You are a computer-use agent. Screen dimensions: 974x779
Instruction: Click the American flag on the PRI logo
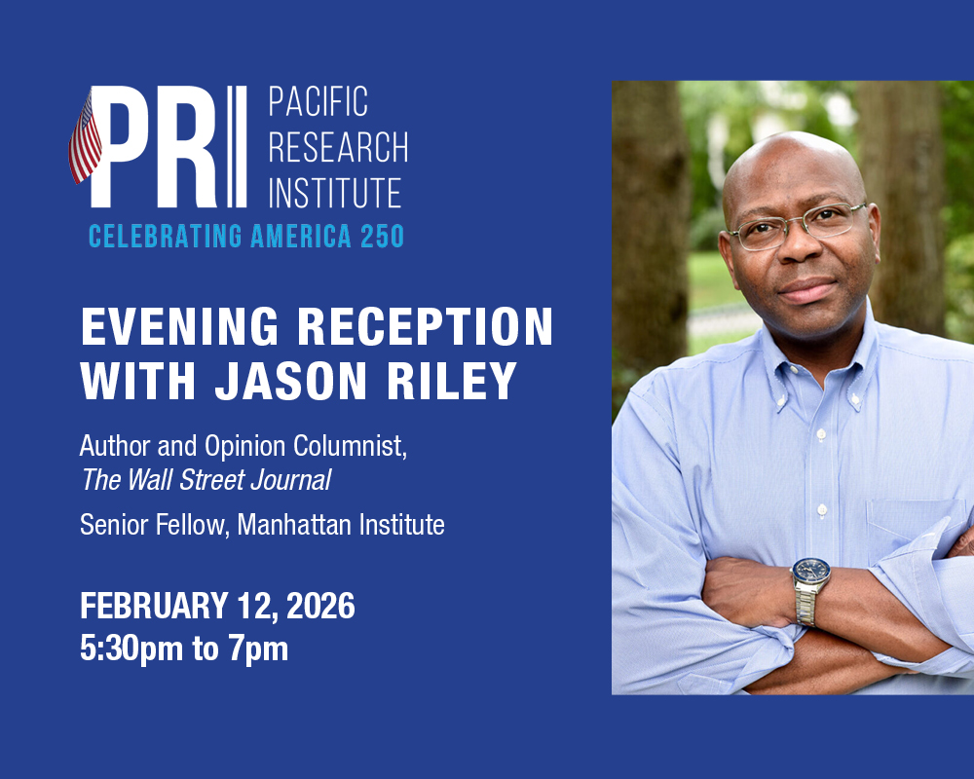pyautogui.click(x=85, y=138)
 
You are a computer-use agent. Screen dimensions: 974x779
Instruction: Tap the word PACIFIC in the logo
pyautogui.click(x=318, y=101)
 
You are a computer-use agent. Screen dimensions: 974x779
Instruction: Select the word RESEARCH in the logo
pyautogui.click(x=339, y=147)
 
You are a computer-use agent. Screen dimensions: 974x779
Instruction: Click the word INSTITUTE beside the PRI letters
pyautogui.click(x=335, y=193)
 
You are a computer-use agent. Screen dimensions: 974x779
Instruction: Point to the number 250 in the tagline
pyautogui.click(x=382, y=236)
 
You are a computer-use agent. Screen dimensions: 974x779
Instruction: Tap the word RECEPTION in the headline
pyautogui.click(x=425, y=326)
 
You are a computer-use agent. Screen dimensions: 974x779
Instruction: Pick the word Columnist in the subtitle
pyautogui.click(x=350, y=446)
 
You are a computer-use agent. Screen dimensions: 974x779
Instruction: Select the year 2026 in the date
pyautogui.click(x=320, y=606)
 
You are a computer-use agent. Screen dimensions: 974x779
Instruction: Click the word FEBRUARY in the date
pyautogui.click(x=154, y=606)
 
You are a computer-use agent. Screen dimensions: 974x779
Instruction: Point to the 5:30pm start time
pyautogui.click(x=131, y=649)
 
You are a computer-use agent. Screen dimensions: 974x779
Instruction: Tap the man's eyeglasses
pyautogui.click(x=799, y=227)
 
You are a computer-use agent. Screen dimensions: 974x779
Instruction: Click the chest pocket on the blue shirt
pyautogui.click(x=915, y=523)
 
